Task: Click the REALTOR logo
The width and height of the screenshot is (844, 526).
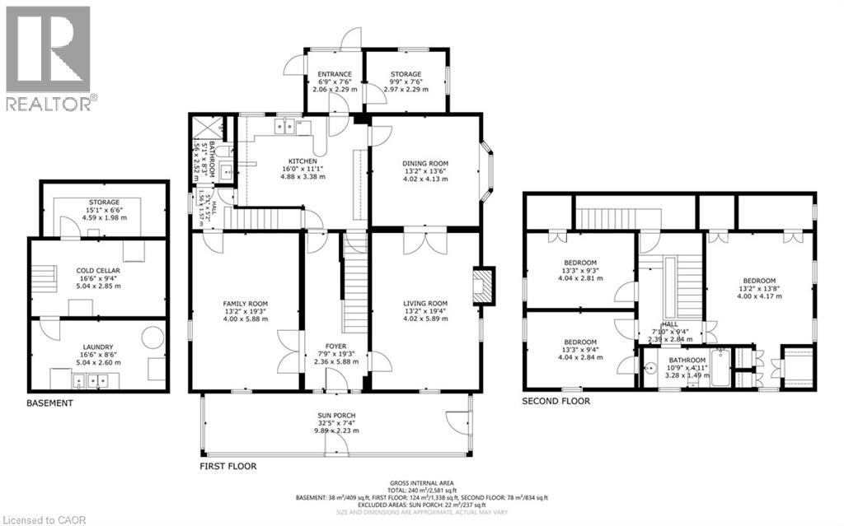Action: click(x=48, y=58)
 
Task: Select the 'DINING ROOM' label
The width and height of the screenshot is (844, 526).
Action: click(x=425, y=164)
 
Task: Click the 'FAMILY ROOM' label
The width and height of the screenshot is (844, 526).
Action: click(x=246, y=304)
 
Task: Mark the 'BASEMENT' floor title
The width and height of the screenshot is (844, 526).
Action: click(x=49, y=403)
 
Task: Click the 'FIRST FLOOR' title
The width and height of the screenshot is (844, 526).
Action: click(x=228, y=466)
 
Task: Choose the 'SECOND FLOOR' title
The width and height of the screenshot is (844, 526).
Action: click(x=556, y=402)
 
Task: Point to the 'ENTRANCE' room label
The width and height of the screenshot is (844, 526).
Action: click(x=335, y=74)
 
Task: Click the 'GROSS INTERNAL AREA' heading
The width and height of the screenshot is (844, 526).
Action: click(x=422, y=483)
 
